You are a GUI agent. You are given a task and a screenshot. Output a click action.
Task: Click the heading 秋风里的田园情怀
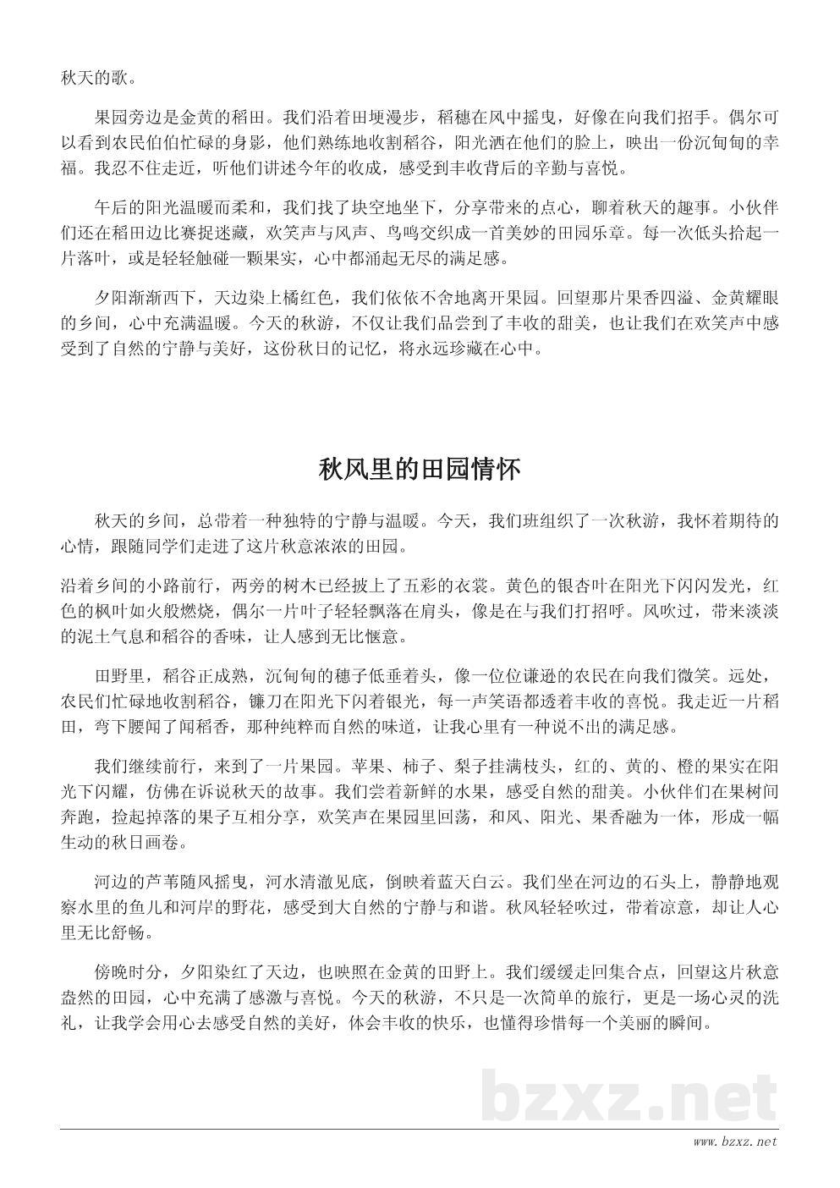click(x=420, y=470)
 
